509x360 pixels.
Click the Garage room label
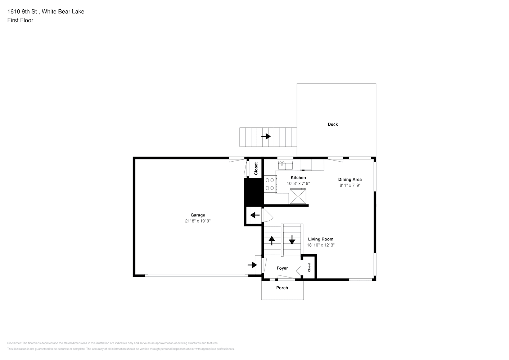[x=198, y=215]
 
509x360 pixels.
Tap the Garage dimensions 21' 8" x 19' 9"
[x=198, y=221]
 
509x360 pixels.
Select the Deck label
[x=333, y=124]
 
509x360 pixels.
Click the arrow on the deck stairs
[x=266, y=136]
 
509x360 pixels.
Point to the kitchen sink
[x=285, y=165]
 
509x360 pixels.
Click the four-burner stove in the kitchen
[x=270, y=184]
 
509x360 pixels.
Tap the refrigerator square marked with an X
[x=298, y=196]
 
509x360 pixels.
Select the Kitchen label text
[x=298, y=177]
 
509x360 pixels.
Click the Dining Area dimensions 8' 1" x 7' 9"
[x=350, y=185]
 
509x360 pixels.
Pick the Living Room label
[x=321, y=239]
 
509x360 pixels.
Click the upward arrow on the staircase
[x=272, y=241]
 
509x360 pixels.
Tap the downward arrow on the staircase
[x=292, y=240]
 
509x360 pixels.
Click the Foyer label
[x=282, y=268]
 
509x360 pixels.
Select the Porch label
[x=282, y=288]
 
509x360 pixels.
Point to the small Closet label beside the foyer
[x=309, y=267]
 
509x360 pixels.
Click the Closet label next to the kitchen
[x=256, y=168]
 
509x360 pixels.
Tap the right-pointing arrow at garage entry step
[x=252, y=265]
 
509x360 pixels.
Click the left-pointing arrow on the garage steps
[x=255, y=215]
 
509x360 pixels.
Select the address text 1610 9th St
[x=22, y=12]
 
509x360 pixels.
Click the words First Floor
[x=20, y=20]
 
